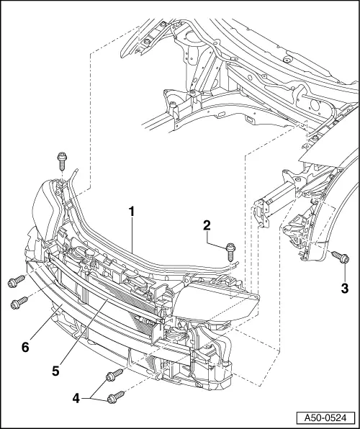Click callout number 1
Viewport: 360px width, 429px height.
[x=131, y=212]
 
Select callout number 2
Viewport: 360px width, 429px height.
[x=207, y=225]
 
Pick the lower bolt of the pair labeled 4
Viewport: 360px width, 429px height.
[x=114, y=396]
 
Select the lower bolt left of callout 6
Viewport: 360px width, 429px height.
[x=18, y=303]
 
